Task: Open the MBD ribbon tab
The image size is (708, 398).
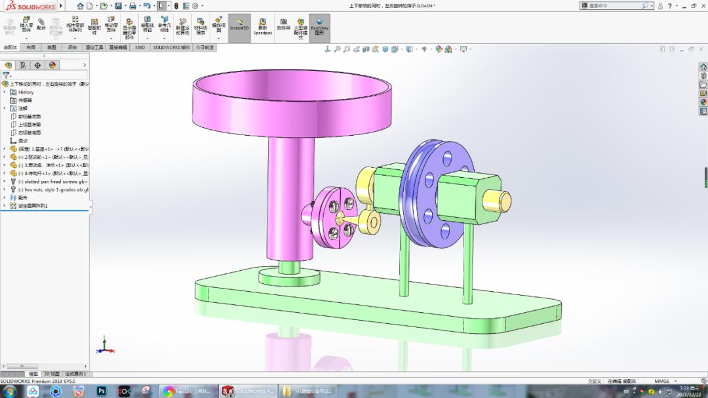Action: [x=140, y=48]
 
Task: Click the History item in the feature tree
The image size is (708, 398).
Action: [x=26, y=92]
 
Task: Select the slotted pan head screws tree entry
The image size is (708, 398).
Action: [x=52, y=182]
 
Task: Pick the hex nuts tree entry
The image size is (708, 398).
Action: [x=52, y=189]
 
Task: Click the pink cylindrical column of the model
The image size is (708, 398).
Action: [x=285, y=197]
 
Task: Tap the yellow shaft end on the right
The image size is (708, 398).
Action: [x=497, y=201]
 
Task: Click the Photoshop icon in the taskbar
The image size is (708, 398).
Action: [x=102, y=391]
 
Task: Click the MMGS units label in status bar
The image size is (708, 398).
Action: [x=661, y=381]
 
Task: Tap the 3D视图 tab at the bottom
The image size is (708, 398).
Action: [x=51, y=374]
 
